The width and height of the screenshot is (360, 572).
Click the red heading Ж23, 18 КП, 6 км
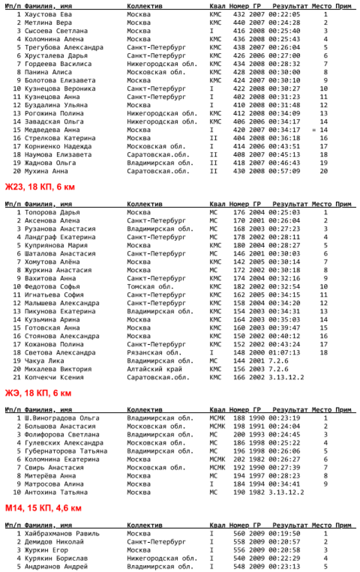40,187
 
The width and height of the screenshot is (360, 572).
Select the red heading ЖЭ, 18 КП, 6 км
38,393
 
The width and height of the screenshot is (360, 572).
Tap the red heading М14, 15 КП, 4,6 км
43,508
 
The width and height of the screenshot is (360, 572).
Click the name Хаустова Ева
48,14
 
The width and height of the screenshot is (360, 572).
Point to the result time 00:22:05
284,14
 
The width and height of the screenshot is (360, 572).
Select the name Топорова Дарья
52,212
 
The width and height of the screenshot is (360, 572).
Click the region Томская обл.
150,287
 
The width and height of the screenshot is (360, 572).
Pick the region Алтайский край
154,369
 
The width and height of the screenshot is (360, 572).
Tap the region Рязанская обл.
154,353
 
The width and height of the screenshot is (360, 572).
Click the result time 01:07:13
284,353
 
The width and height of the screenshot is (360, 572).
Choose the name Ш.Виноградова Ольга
62,418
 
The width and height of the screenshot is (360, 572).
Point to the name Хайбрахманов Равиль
62,534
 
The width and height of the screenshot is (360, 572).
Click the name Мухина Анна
46,171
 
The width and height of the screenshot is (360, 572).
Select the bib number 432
239,14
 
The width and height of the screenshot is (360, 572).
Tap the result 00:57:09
284,171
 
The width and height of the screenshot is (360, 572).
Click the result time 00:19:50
284,534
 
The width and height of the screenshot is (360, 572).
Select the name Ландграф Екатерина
60,237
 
